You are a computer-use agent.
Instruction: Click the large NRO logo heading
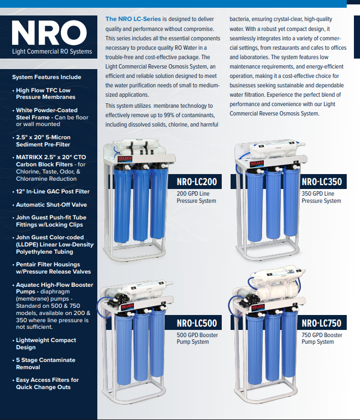pos(49,33)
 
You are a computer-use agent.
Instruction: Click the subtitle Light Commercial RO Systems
pos(52,51)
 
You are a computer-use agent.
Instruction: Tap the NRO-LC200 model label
pos(197,182)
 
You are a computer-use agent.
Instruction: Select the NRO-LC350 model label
pos(322,182)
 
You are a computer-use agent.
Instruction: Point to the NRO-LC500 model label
pos(197,323)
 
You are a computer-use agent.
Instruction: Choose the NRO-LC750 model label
pos(321,323)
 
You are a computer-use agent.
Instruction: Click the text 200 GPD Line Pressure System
pos(196,197)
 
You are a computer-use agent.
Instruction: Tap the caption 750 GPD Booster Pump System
pos(322,338)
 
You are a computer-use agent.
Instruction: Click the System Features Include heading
pos(46,77)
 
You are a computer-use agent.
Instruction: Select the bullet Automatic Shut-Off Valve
pos(51,204)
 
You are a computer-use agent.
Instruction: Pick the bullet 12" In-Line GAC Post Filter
pos(53,192)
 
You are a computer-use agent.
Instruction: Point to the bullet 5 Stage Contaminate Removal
pos(45,364)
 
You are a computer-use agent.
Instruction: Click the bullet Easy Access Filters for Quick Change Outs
pos(47,384)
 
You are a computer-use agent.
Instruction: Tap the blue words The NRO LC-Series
pos(133,19)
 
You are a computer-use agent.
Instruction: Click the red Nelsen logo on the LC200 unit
pos(125,159)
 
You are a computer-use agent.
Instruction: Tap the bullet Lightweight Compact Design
pos(46,344)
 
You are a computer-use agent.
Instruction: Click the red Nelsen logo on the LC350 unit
pos(257,163)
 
